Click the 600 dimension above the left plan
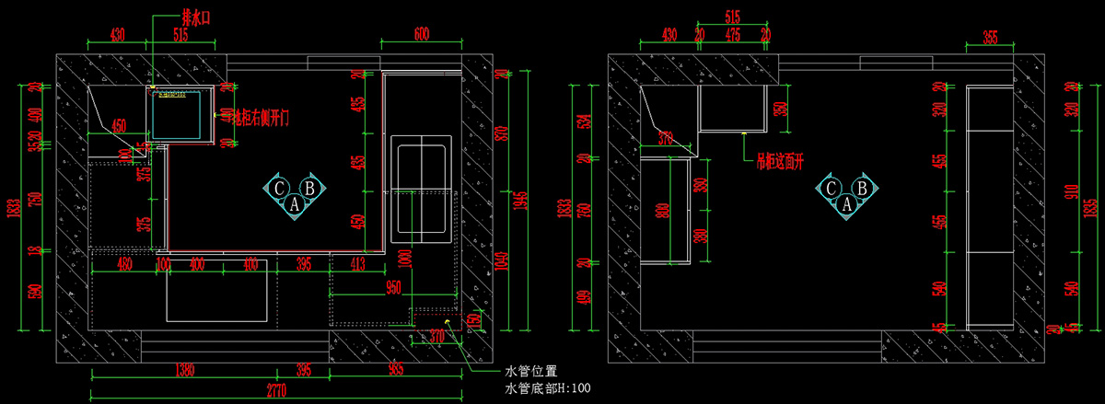pyautogui.click(x=421, y=34)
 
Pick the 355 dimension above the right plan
pyautogui.click(x=989, y=37)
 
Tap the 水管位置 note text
pyautogui.click(x=531, y=372)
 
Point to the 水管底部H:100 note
pyautogui.click(x=548, y=388)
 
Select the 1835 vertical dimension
pyautogui.click(x=1089, y=207)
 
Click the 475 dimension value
pyautogui.click(x=733, y=34)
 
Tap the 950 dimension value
pyautogui.click(x=394, y=288)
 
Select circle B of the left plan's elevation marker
pyautogui.click(x=310, y=188)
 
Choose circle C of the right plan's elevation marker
pyautogui.click(x=830, y=189)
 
